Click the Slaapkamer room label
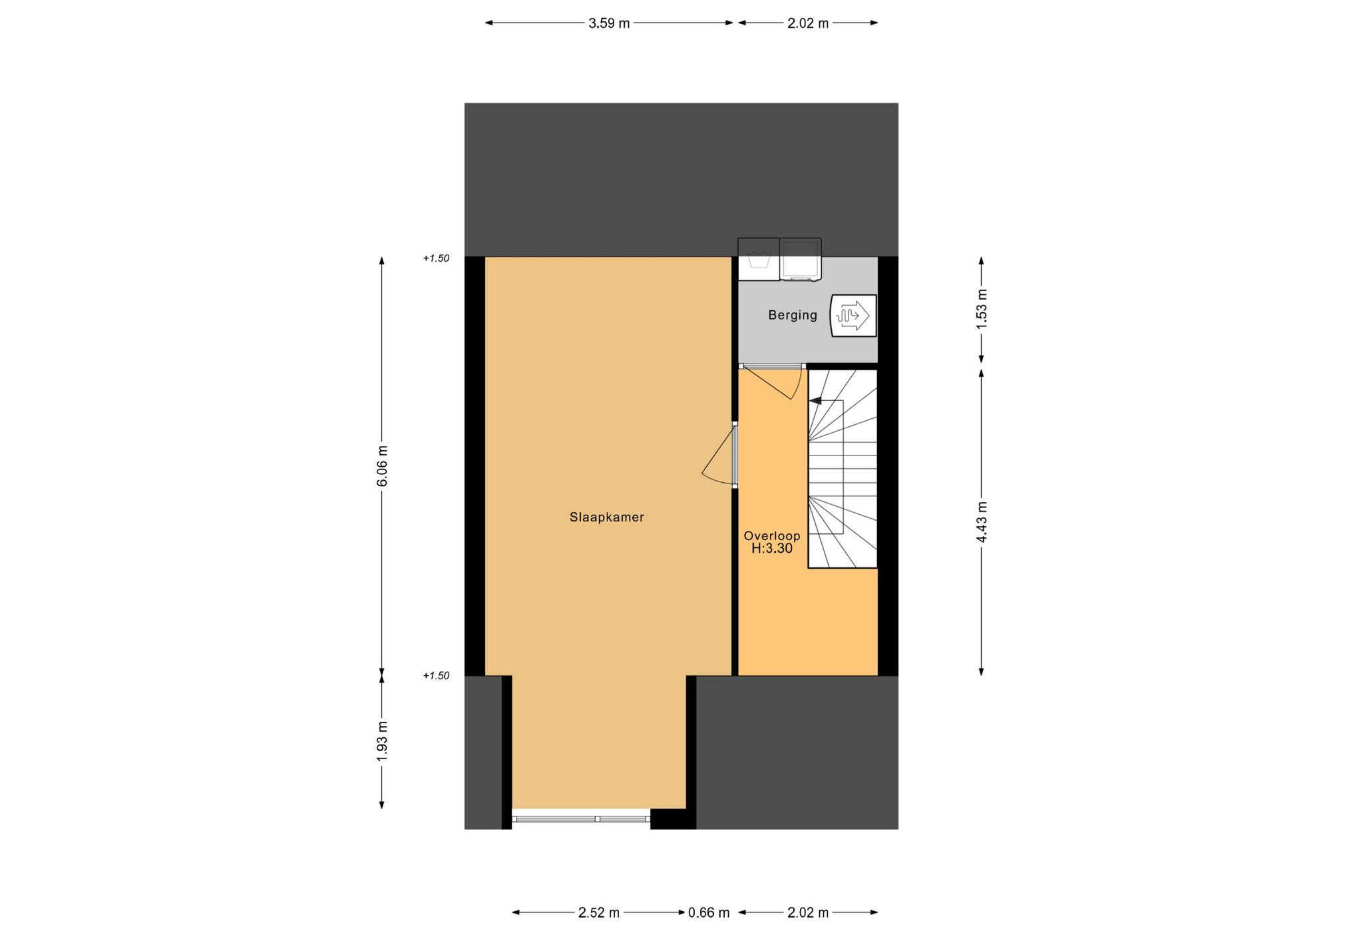[607, 517]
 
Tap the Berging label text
[793, 316]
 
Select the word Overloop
[772, 536]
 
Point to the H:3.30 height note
[772, 549]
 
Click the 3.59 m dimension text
[609, 23]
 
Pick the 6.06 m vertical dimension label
[382, 466]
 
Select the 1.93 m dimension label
[382, 741]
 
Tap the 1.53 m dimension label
[982, 308]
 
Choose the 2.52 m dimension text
[599, 913]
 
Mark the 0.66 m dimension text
[709, 913]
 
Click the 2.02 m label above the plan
[808, 23]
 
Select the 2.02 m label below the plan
[808, 913]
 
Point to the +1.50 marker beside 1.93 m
[436, 676]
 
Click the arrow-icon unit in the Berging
[853, 316]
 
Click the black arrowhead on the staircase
[815, 401]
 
